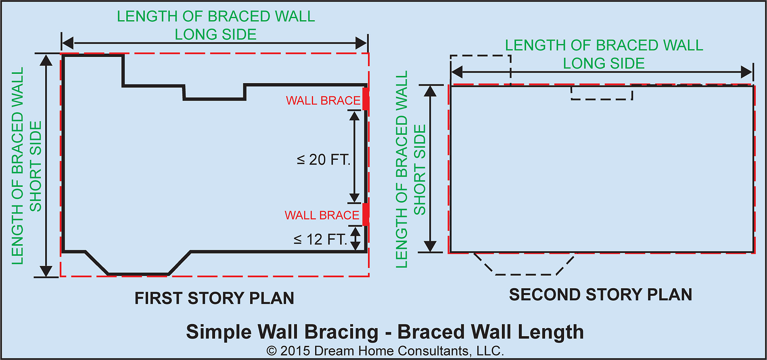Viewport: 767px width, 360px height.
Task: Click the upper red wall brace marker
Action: click(365, 99)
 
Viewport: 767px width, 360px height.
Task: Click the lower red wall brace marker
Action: click(365, 214)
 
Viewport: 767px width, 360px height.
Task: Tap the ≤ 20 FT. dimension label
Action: click(323, 160)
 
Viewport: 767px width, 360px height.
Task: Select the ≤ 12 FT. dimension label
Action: click(320, 239)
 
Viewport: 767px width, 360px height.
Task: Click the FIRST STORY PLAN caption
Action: click(214, 298)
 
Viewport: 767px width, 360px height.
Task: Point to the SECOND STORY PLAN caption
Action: click(600, 295)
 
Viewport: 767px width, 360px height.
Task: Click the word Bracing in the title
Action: click(341, 332)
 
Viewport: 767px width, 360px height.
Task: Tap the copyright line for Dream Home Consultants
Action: click(385, 351)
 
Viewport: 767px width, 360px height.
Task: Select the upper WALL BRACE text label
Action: click(323, 100)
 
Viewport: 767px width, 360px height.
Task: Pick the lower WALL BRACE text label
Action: click(322, 215)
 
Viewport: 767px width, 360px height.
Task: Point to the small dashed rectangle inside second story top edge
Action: click(602, 93)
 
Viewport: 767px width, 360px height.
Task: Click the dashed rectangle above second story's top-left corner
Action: click(481, 65)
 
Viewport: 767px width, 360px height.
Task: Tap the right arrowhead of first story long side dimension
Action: click(361, 43)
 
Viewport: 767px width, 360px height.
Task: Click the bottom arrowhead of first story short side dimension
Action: click(46, 271)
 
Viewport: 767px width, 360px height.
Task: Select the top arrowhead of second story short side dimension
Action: click(431, 91)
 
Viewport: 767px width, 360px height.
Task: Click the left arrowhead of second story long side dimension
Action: click(457, 73)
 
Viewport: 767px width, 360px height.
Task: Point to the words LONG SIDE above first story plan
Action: click(215, 35)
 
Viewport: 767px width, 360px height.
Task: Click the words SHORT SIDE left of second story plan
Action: click(420, 170)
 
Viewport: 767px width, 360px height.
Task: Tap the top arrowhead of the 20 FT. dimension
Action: click(354, 116)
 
